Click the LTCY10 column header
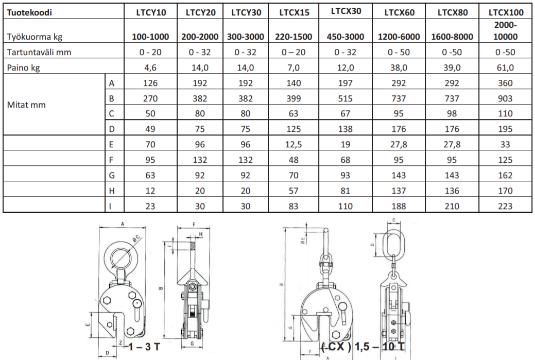click(151, 13)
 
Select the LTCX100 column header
click(506, 13)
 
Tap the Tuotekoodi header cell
click(30, 13)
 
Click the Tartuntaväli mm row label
click(39, 52)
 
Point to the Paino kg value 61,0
click(505, 67)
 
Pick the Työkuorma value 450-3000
click(346, 37)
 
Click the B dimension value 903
click(505, 98)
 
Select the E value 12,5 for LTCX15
click(294, 144)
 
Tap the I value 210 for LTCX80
click(452, 206)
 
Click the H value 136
click(452, 191)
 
